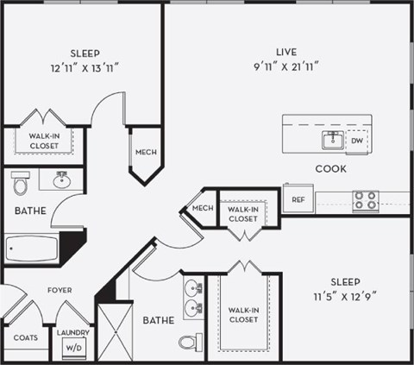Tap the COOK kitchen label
click(330, 168)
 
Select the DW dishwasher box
click(357, 141)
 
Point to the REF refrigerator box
click(298, 199)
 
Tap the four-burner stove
click(365, 201)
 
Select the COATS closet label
click(26, 337)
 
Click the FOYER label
click(60, 290)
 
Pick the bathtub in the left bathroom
click(32, 249)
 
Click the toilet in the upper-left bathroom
click(21, 183)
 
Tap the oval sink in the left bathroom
click(61, 181)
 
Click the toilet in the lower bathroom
click(191, 342)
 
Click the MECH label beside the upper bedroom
click(145, 153)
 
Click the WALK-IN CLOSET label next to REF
click(242, 213)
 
